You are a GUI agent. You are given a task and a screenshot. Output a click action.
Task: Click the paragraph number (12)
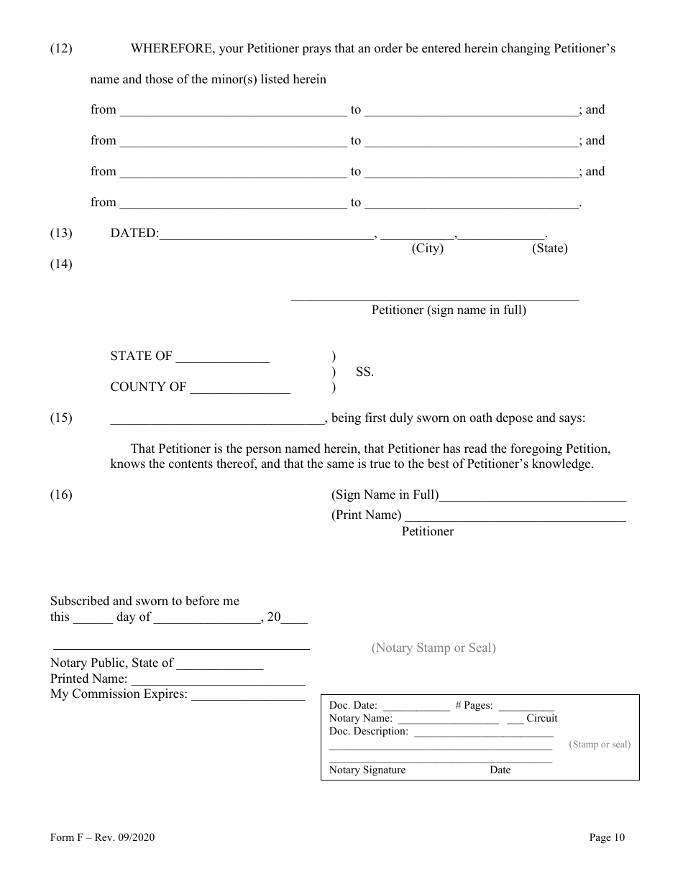(61, 49)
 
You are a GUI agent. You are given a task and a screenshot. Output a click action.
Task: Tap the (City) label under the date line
(427, 249)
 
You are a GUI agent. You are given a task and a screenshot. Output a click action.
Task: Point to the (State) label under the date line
(549, 249)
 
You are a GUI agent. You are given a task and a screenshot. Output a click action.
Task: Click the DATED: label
(134, 234)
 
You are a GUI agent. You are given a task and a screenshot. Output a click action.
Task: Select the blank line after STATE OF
(223, 358)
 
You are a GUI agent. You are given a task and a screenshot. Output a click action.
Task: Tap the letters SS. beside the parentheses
(365, 372)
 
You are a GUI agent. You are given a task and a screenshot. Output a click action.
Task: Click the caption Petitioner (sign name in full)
(449, 310)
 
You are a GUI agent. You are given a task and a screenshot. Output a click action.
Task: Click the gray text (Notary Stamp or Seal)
(434, 648)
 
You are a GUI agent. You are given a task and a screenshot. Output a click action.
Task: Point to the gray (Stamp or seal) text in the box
(600, 745)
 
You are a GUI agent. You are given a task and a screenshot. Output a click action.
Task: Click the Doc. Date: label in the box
(353, 706)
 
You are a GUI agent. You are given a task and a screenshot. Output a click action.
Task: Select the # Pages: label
(474, 706)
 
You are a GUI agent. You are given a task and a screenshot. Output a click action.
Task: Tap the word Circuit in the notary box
(541, 718)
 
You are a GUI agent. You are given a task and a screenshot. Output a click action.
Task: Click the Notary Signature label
(367, 770)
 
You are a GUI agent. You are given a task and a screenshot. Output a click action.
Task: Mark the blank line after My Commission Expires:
(248, 696)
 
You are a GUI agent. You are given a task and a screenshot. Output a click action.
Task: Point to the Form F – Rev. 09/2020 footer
(102, 837)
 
